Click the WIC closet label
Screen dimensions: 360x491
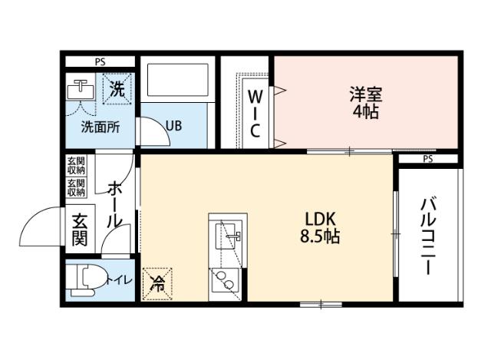click(255, 114)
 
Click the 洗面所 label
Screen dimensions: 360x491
click(101, 127)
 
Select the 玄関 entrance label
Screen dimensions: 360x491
click(80, 228)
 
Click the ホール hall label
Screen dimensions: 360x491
click(114, 203)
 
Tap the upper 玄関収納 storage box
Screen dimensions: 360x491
click(76, 165)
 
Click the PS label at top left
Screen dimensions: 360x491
click(100, 61)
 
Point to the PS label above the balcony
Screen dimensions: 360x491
click(427, 159)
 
